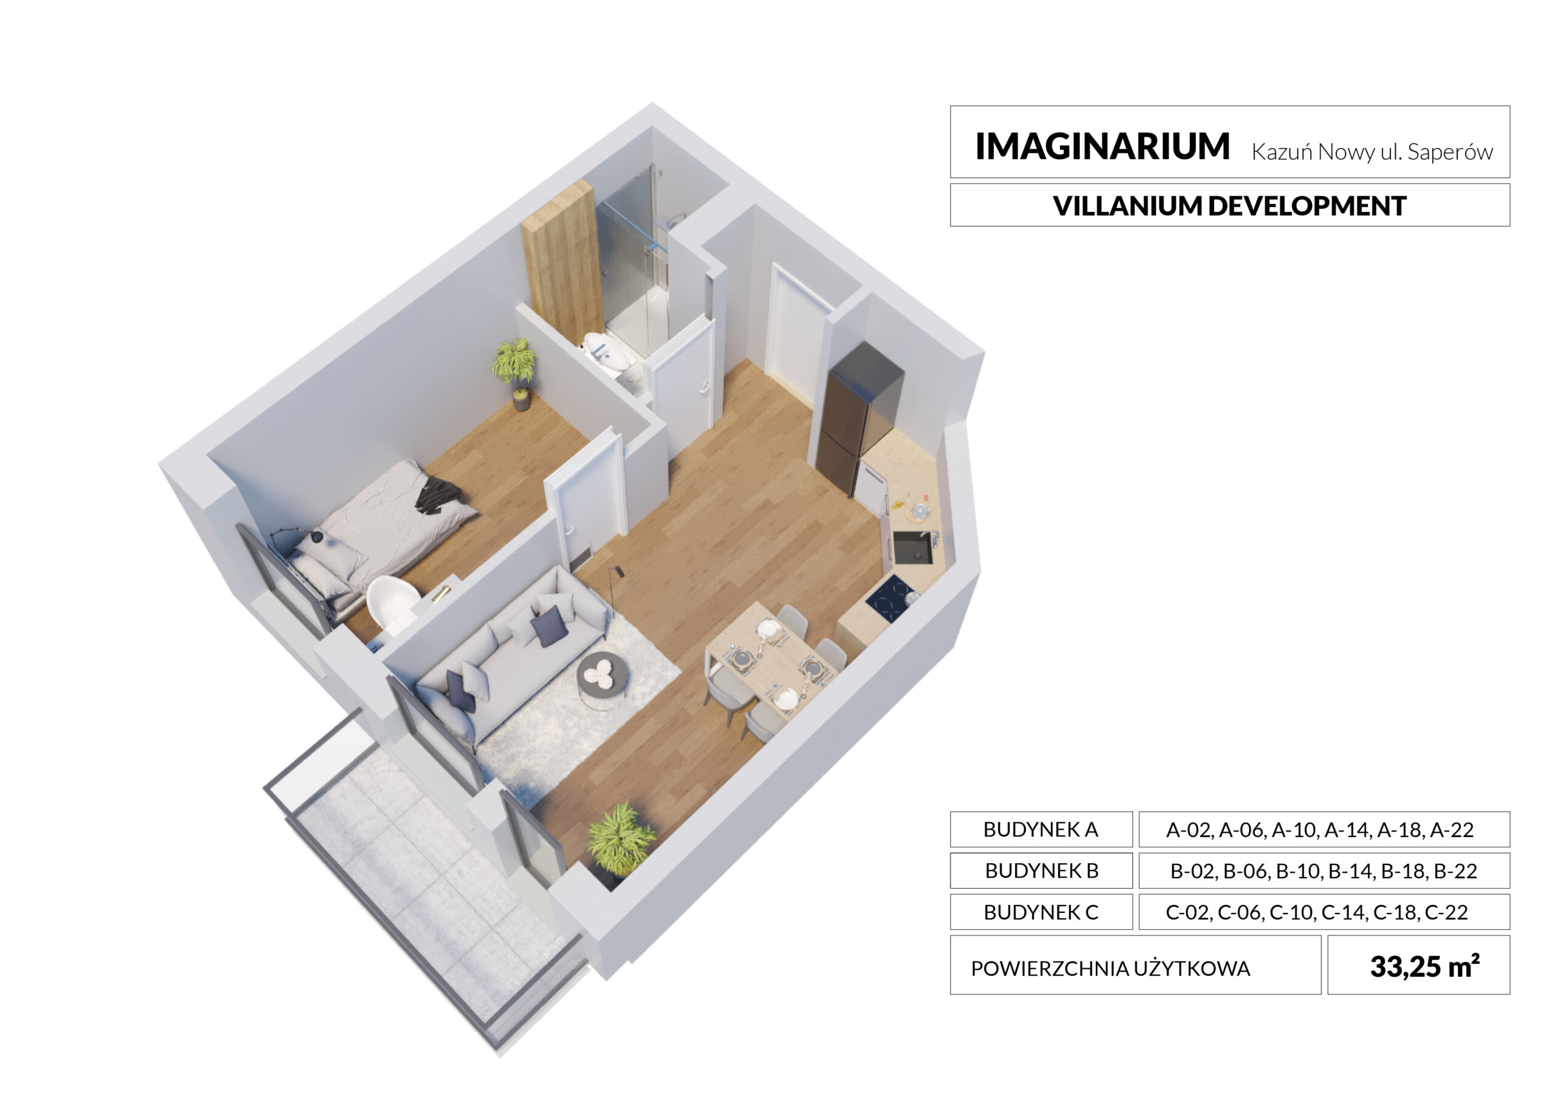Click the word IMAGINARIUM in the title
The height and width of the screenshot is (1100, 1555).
tap(1102, 146)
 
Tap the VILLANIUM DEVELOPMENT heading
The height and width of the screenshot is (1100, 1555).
tap(1229, 206)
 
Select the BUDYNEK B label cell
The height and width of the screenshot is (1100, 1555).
tap(1041, 870)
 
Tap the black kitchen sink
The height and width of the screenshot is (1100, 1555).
tap(912, 547)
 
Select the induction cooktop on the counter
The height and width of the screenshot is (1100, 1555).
tap(890, 598)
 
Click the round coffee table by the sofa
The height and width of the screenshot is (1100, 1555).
tap(602, 675)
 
